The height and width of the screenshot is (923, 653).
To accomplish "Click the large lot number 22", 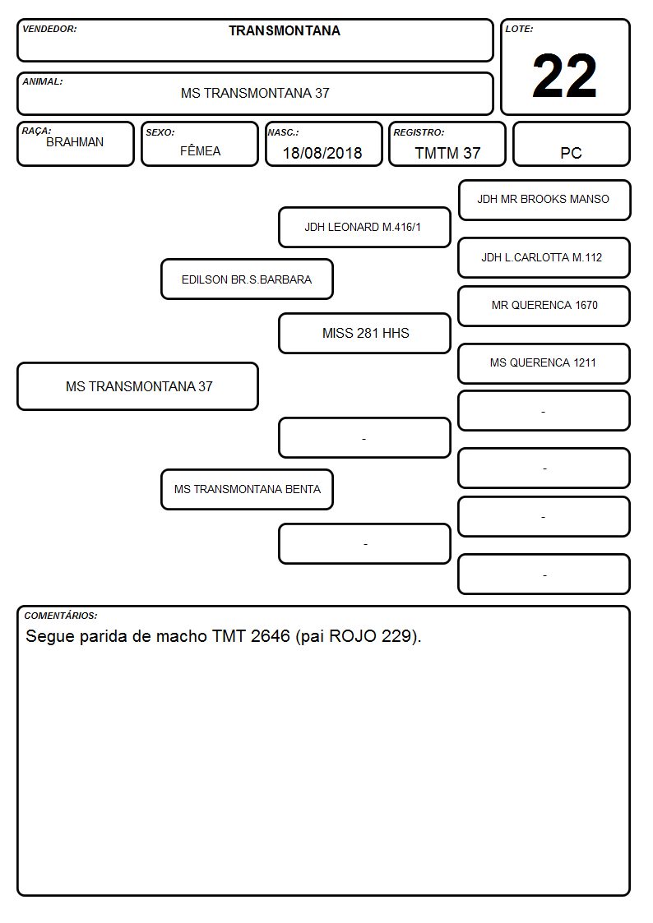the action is [564, 76].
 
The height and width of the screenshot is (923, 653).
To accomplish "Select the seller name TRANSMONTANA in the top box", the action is [285, 30].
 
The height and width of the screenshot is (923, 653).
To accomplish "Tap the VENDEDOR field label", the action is [49, 29].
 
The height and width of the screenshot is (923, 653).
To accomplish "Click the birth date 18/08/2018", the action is [322, 153].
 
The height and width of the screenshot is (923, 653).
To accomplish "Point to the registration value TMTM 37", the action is [447, 153].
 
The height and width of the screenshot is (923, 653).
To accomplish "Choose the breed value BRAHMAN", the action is [75, 142].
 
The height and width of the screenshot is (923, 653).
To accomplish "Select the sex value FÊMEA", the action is [200, 150].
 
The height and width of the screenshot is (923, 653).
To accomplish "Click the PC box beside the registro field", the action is [571, 145].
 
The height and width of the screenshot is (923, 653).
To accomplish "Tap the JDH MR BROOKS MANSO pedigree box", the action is [544, 201].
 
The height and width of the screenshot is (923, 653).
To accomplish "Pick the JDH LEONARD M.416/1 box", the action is [364, 227].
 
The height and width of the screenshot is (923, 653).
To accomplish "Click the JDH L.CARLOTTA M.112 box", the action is [544, 258].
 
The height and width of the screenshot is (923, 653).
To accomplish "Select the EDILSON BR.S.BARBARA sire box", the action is [247, 279].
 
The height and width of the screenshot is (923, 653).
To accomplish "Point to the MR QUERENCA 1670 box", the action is [544, 306].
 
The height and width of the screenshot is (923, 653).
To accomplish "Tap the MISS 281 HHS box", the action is [364, 333].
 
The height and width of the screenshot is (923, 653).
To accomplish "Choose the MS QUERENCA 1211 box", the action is [544, 364].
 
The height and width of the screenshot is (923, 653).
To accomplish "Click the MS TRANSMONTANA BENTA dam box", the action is [247, 489].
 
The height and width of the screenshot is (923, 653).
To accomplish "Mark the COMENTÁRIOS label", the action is [61, 616].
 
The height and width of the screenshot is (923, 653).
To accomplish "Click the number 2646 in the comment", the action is [271, 636].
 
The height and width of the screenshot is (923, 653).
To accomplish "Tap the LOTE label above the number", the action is [519, 29].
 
